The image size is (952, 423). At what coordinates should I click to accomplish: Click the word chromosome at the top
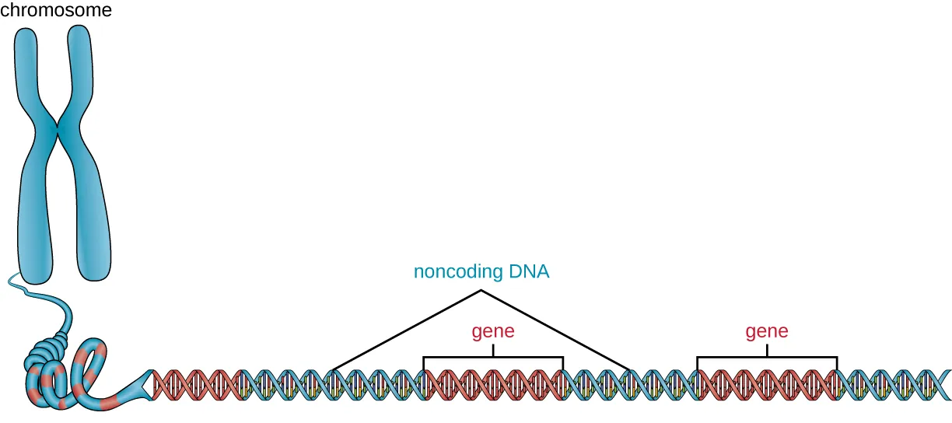tap(56, 11)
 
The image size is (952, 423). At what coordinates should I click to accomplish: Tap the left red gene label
tap(493, 332)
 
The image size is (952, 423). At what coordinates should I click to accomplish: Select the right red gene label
tap(767, 332)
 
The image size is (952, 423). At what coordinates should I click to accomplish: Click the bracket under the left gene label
tap(493, 357)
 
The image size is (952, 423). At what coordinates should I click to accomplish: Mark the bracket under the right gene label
tap(767, 357)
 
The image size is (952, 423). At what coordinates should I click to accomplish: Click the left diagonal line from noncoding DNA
tap(404, 330)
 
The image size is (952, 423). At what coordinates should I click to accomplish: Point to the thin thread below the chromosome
tap(31, 292)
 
